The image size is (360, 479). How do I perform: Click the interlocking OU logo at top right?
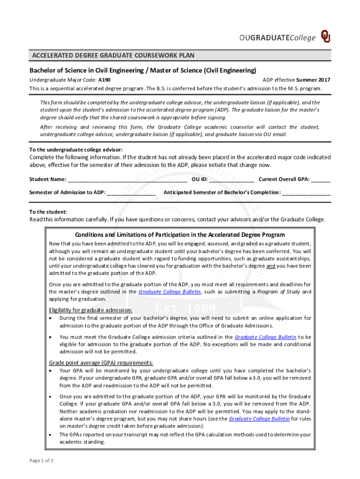click(325, 37)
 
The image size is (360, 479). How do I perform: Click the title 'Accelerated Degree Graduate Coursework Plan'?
click(113, 56)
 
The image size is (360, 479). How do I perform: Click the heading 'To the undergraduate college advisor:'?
click(76, 149)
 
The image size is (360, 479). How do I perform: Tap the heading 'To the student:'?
click(48, 212)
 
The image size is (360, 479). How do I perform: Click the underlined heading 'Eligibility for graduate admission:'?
click(91, 310)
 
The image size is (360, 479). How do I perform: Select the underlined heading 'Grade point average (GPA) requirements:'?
click(101, 363)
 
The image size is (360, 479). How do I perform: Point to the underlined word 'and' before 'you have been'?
click(271, 266)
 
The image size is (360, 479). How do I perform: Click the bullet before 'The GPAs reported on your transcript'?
click(51, 435)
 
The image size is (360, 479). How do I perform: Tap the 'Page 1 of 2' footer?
click(42, 461)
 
